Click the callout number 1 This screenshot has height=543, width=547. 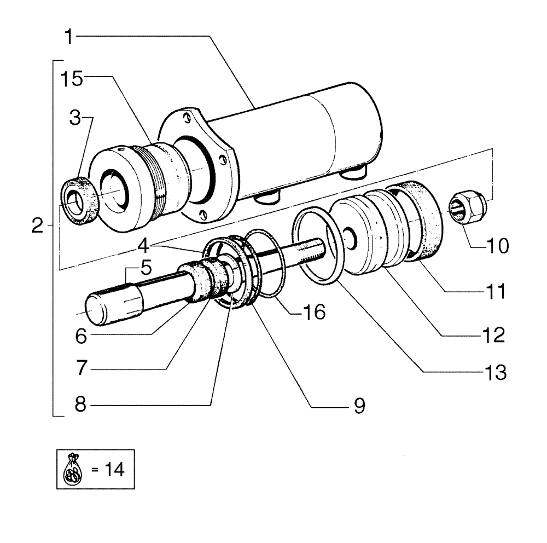click(69, 37)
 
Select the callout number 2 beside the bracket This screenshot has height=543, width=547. click(37, 226)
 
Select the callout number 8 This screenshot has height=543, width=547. click(81, 406)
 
